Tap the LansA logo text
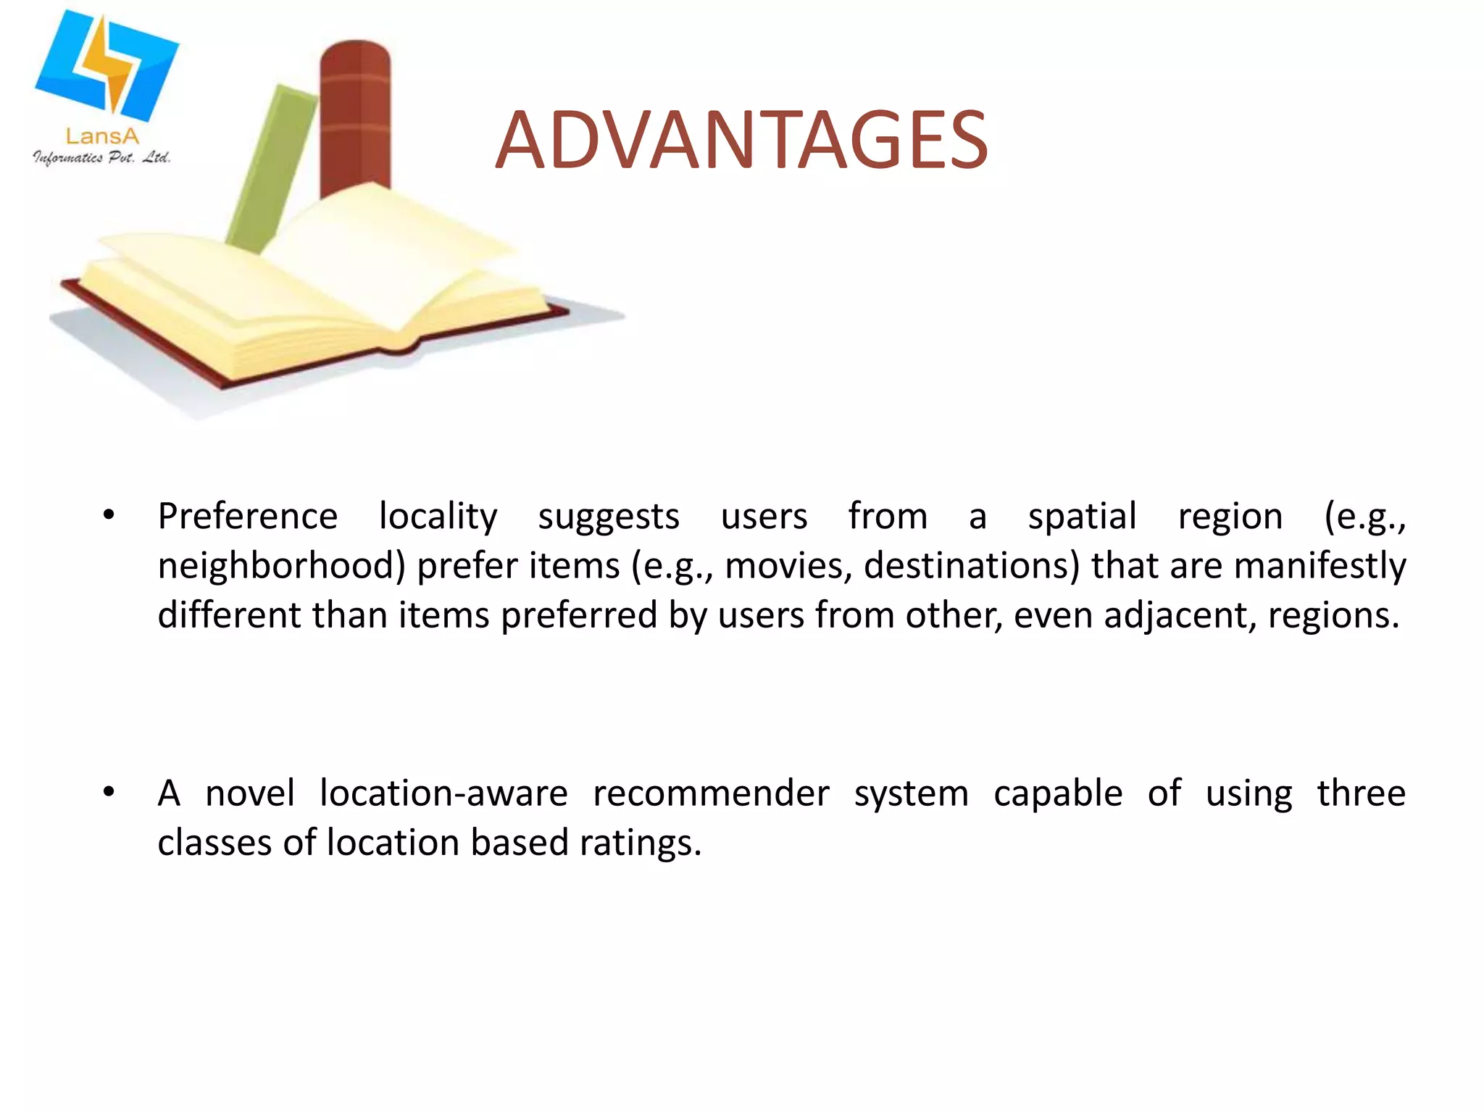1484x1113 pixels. coord(102,136)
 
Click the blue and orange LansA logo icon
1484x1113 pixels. coord(107,65)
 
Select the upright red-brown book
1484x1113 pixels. coord(355,116)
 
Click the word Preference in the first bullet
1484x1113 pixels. coord(248,517)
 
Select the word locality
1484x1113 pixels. coord(438,517)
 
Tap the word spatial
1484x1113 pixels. coord(1082,517)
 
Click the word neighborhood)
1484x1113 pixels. coord(281,566)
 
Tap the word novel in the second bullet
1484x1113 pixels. coord(250,793)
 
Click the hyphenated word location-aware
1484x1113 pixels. coord(443,793)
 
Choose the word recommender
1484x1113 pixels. coord(711,793)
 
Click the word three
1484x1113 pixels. coord(1361,793)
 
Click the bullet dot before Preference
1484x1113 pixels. coord(109,516)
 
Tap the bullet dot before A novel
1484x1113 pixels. coord(109,792)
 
